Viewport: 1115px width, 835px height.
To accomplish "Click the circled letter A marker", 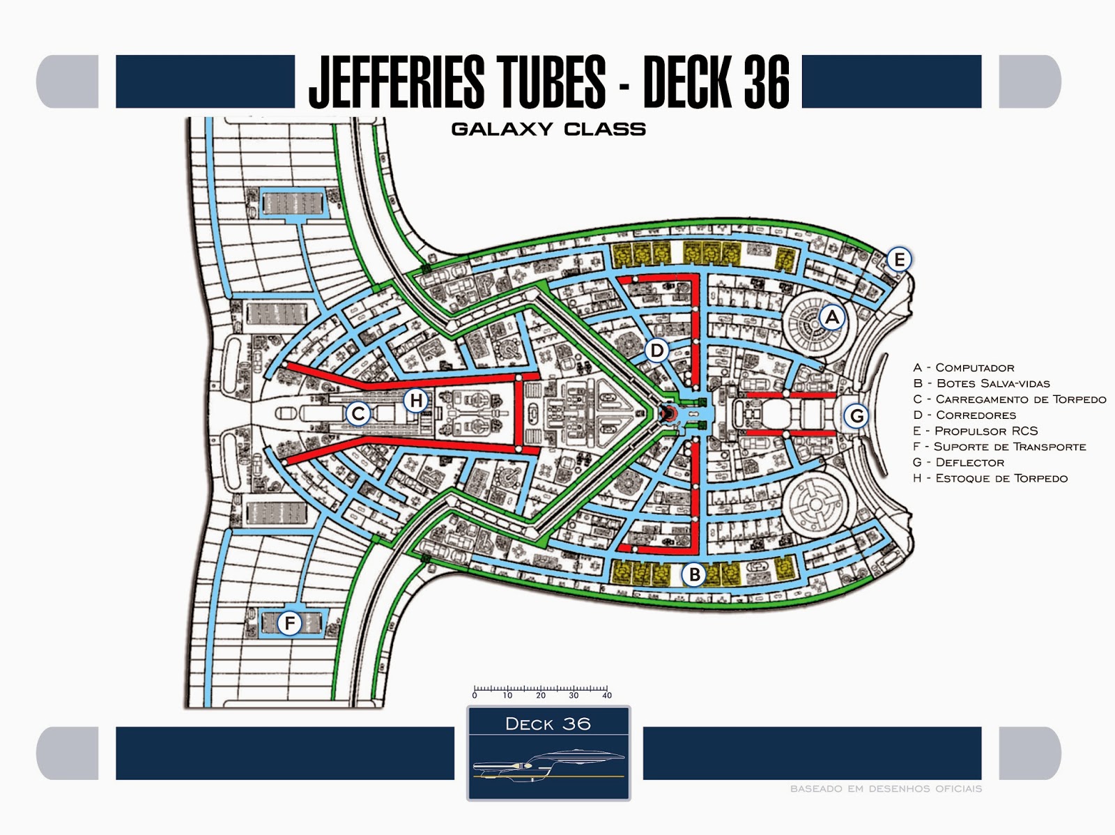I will pos(831,318).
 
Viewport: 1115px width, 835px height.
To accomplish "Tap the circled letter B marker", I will pos(694,575).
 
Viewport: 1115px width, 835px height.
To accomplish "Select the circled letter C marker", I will pos(358,414).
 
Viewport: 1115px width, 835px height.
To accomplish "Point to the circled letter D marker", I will pos(657,350).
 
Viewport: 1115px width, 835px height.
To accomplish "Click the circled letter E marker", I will pos(899,260).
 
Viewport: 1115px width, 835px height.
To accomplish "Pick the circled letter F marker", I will pos(290,623).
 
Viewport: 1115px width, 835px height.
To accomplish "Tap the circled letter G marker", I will pos(856,416).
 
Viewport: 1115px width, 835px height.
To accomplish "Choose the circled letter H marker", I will pos(416,401).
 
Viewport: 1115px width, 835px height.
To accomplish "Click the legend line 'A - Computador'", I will pos(963,367).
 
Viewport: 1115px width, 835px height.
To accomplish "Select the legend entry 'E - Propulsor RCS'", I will pos(975,431).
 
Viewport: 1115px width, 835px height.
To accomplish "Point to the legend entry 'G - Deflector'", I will pos(958,462).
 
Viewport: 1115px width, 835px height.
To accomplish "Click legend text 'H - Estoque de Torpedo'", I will pos(990,478).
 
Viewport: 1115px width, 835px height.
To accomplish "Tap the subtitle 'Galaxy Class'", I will pos(548,129).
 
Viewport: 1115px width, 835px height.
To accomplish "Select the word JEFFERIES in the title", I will pos(397,82).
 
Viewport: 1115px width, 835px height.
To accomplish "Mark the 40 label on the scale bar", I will pos(607,696).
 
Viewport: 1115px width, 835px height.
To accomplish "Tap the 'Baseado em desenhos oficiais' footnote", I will pos(886,789).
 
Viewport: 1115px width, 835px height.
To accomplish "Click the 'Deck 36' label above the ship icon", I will pos(548,724).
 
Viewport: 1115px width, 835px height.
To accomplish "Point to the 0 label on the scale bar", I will pos(475,696).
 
